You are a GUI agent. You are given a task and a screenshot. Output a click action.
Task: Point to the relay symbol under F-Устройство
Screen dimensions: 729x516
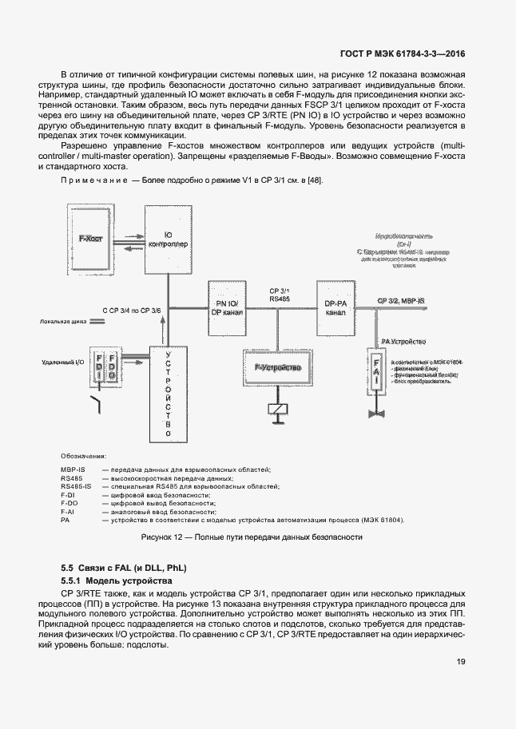pos(276,410)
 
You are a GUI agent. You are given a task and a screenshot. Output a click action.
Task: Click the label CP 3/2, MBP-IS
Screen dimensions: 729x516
pos(401,300)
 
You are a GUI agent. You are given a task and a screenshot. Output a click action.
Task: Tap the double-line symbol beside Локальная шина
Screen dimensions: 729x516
pos(97,323)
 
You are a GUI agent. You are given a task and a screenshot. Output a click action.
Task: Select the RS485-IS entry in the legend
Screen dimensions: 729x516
pos(77,485)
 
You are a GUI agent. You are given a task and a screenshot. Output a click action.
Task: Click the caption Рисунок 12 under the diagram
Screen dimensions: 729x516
pos(252,537)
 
